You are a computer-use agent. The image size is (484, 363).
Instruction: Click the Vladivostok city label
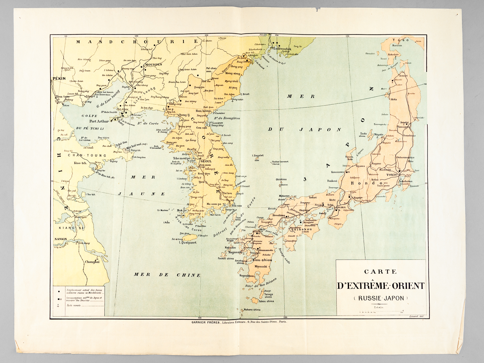pos(281,48)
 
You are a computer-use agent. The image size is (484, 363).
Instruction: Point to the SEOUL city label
pos(206,161)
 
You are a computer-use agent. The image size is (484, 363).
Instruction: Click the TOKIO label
pos(391,175)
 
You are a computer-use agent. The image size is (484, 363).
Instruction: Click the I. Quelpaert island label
pos(186,242)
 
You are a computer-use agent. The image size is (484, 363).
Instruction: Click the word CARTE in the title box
pos(380,272)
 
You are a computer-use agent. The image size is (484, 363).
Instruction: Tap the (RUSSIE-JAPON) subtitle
pos(381,298)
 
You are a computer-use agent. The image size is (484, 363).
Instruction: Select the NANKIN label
pos(60,239)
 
